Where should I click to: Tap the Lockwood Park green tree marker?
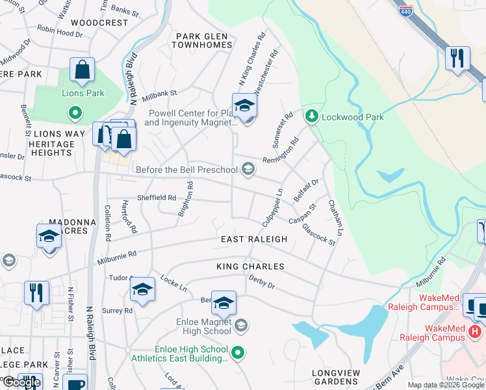click(313, 116)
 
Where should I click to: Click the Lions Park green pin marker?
click(75, 113)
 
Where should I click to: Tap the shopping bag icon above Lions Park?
click(83, 71)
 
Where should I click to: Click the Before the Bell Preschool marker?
click(248, 170)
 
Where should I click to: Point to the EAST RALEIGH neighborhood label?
click(253, 239)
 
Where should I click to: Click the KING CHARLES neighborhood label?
click(250, 266)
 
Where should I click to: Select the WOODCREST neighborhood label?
click(99, 22)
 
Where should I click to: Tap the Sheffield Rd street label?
click(156, 198)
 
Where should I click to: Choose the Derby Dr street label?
click(262, 281)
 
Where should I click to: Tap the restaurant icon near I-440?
click(457, 58)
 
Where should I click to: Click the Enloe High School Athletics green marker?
click(238, 352)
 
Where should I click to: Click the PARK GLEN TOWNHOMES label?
click(201, 40)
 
